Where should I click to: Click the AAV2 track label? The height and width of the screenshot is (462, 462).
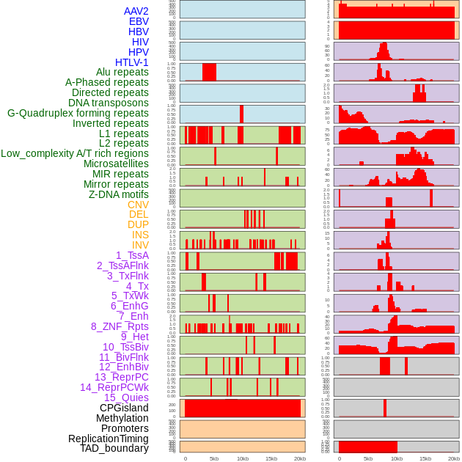pyautogui.click(x=136, y=12)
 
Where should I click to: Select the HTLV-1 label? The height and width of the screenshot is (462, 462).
pyautogui.click(x=132, y=62)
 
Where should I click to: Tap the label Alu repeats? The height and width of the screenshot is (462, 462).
pyautogui.click(x=122, y=73)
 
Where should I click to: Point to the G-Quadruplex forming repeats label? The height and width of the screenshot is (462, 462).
pyautogui.click(x=78, y=113)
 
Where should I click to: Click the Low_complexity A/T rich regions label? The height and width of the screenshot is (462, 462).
pyautogui.click(x=75, y=153)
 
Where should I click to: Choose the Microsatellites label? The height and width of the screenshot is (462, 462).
pyautogui.click(x=116, y=164)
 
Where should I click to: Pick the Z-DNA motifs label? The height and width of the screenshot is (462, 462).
pyautogui.click(x=119, y=194)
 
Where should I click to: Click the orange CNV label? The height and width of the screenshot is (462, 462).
pyautogui.click(x=138, y=205)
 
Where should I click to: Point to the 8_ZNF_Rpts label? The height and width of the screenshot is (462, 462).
pyautogui.click(x=120, y=326)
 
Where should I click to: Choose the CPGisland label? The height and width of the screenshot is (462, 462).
pyautogui.click(x=124, y=408)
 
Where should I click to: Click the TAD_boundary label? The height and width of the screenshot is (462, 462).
pyautogui.click(x=114, y=448)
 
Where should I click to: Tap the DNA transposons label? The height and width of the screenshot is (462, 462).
pyautogui.click(x=109, y=103)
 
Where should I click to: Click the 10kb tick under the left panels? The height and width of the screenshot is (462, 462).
pyautogui.click(x=242, y=458)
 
